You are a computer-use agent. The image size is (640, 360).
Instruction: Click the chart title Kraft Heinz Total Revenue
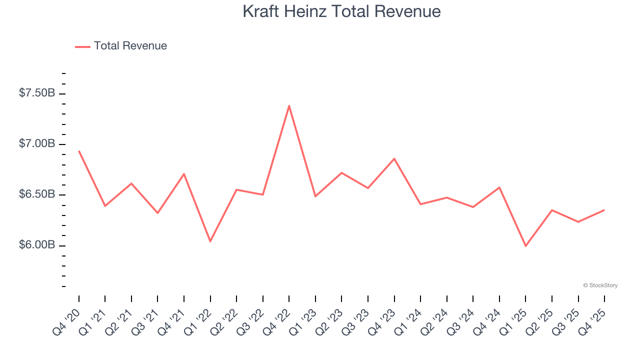(341, 11)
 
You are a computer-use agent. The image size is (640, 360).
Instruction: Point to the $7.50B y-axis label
(37, 93)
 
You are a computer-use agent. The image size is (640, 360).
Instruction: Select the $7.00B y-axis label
(37, 144)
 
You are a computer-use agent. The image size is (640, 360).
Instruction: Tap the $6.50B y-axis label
(37, 194)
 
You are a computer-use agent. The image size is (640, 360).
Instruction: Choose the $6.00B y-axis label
(37, 245)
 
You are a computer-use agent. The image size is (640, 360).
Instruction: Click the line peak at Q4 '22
(289, 105)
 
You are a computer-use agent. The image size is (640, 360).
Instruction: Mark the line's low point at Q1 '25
(525, 246)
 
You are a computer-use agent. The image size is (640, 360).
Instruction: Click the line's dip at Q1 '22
(210, 241)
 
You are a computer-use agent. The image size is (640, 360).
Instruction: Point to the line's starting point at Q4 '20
(79, 150)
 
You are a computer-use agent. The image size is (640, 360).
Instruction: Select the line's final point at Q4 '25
(604, 210)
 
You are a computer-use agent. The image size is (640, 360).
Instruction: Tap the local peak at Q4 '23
(394, 158)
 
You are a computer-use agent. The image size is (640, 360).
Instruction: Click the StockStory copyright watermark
(600, 285)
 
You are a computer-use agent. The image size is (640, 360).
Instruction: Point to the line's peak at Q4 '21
(184, 174)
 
